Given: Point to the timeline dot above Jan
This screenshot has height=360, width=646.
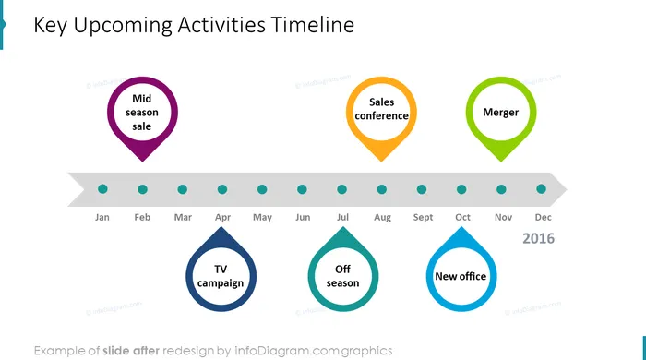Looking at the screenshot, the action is tap(102, 189).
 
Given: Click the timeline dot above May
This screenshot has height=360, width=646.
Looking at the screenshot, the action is tap(262, 189).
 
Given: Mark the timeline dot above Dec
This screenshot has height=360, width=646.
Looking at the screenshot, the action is tap(542, 189).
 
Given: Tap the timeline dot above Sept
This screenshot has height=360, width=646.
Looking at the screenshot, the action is tap(422, 189).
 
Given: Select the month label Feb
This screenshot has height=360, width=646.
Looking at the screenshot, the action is tap(142, 217).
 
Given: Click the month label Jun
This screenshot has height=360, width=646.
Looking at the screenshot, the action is tap(303, 217).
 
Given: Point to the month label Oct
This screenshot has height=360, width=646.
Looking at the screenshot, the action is tap(462, 217).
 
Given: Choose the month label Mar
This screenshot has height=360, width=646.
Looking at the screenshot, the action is tap(183, 217).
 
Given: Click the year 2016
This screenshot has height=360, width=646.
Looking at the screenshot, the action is tap(538, 238).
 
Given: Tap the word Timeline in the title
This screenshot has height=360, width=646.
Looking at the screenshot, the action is tap(313, 25).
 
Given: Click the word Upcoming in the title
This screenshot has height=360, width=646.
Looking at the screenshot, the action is tap(123, 26).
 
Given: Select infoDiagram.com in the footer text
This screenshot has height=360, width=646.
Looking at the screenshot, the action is tap(287, 351).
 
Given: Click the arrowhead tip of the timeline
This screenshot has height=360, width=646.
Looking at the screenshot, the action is tap(568, 189).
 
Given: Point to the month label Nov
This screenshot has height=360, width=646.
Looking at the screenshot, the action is tap(504, 217).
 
